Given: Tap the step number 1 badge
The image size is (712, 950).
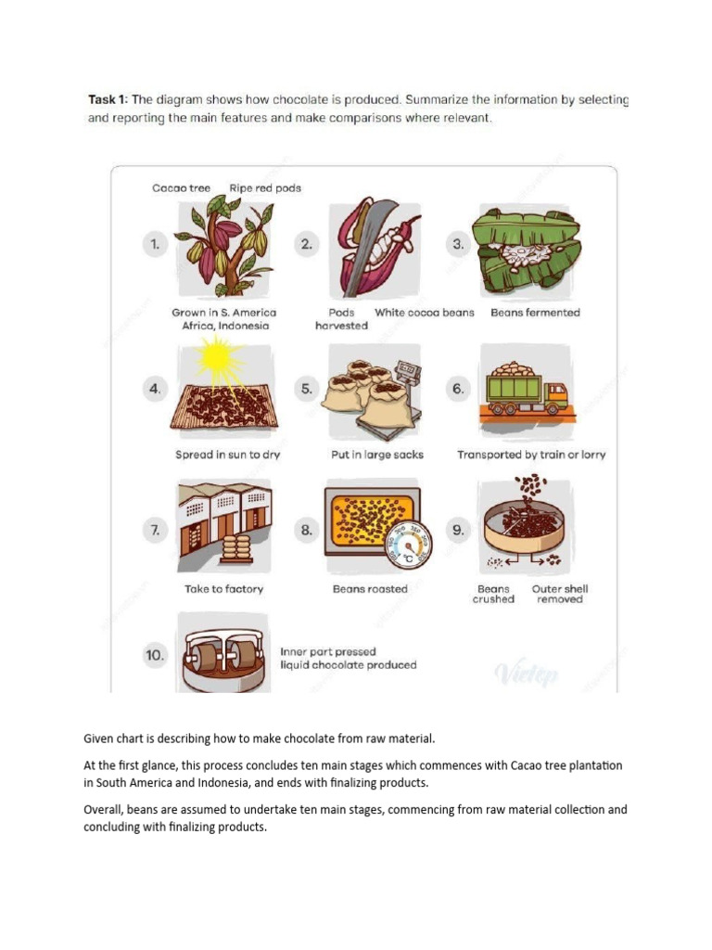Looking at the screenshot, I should pyautogui.click(x=157, y=245).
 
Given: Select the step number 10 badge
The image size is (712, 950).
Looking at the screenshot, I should pyautogui.click(x=155, y=655).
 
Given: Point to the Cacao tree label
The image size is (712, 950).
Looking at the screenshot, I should pyautogui.click(x=182, y=188).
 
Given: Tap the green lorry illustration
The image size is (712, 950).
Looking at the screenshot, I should pyautogui.click(x=526, y=390).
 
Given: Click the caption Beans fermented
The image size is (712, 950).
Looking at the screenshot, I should pyautogui.click(x=535, y=313).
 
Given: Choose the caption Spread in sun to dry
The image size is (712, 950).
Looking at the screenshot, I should pyautogui.click(x=227, y=455).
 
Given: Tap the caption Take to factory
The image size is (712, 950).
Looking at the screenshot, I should pyautogui.click(x=223, y=589).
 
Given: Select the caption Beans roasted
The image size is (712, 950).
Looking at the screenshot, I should pyautogui.click(x=370, y=589).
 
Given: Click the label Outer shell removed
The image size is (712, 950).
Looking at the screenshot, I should pyautogui.click(x=560, y=594).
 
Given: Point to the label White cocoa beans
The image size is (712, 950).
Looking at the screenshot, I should pyautogui.click(x=424, y=313).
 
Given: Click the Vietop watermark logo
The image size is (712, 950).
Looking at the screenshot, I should pyautogui.click(x=527, y=673).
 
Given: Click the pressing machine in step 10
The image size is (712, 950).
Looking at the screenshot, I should pyautogui.click(x=222, y=656).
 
